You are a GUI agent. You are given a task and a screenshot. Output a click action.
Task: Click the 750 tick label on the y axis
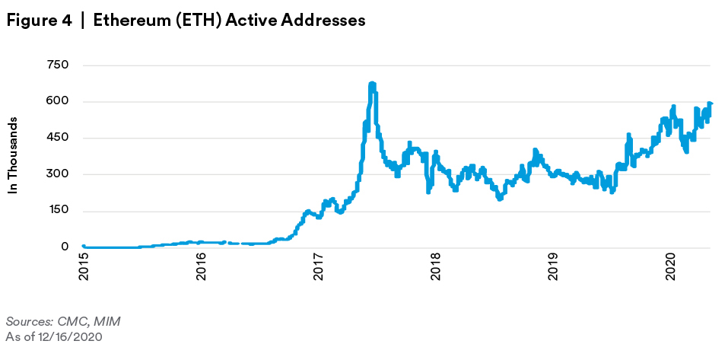point(59,65)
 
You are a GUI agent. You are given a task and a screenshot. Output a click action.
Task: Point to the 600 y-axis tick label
point(59,102)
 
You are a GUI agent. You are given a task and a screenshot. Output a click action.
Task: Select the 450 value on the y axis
point(59,139)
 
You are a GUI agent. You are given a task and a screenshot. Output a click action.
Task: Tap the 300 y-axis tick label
point(59,174)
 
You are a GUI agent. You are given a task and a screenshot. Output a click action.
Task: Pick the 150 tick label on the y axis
point(59,211)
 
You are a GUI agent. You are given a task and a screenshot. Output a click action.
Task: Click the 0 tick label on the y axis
point(65,247)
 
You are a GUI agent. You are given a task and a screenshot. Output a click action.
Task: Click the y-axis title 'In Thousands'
point(13,155)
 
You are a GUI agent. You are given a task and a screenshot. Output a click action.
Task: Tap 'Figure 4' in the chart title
point(38,21)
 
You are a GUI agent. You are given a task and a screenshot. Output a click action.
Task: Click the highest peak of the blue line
point(371,84)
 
